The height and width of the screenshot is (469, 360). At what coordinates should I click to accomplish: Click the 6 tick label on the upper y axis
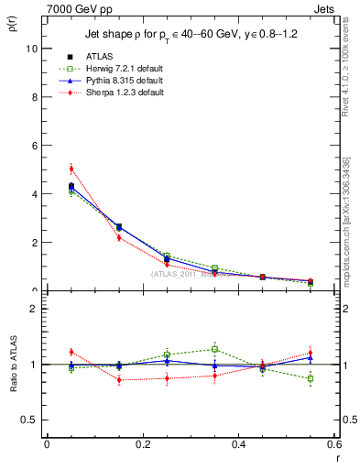click(x=33, y=146)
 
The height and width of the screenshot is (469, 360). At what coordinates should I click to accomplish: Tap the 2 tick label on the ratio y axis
click(x=33, y=309)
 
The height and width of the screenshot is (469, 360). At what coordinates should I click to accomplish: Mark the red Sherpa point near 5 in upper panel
click(x=71, y=169)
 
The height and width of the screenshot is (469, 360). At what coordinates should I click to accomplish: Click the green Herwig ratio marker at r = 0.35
click(x=214, y=349)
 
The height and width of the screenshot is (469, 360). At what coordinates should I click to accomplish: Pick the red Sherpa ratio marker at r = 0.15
click(x=119, y=379)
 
